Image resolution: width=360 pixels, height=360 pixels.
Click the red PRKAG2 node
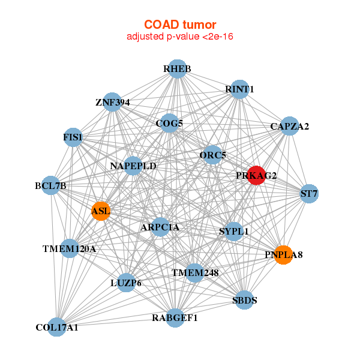[257, 175]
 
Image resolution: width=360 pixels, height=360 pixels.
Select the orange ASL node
[100, 211]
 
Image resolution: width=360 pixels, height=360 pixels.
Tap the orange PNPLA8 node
[283, 255]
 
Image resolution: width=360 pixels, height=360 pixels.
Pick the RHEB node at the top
[176, 69]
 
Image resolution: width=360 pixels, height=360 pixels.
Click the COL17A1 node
[57, 327]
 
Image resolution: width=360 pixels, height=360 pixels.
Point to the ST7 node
[309, 194]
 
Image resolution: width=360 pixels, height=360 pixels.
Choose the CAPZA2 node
[289, 126]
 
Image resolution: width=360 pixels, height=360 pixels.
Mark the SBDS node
[244, 300]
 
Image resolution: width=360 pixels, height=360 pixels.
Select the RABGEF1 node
[175, 317]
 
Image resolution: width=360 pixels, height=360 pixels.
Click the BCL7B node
[51, 186]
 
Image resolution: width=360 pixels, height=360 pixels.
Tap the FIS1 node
[73, 137]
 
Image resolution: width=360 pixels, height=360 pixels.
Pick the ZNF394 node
[112, 102]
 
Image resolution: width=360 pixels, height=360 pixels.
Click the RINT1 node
[239, 89]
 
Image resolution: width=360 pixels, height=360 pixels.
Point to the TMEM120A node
[70, 248]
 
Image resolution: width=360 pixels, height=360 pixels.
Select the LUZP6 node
[126, 282]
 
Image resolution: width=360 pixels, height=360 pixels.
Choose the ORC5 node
[212, 155]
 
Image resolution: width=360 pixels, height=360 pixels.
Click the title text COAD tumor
[180, 24]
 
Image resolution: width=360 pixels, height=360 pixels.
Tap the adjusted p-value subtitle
[180, 37]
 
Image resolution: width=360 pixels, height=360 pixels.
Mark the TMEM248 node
[194, 273]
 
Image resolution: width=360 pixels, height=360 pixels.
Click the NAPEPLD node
[133, 166]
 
